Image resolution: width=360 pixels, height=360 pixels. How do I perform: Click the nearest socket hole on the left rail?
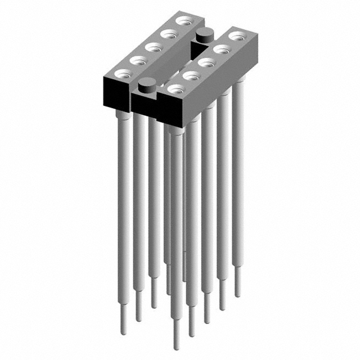click(122, 73)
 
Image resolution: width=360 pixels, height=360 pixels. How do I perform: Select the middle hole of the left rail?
click(152, 47)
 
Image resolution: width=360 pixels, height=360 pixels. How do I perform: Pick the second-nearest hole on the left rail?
click(137, 59)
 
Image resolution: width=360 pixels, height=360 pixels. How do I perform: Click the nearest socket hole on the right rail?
click(176, 88)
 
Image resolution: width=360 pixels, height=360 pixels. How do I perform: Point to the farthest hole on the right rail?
click(235, 37)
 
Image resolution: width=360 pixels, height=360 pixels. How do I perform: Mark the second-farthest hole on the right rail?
click(221, 49)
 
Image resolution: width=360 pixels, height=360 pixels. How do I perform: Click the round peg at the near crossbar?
click(147, 85)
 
